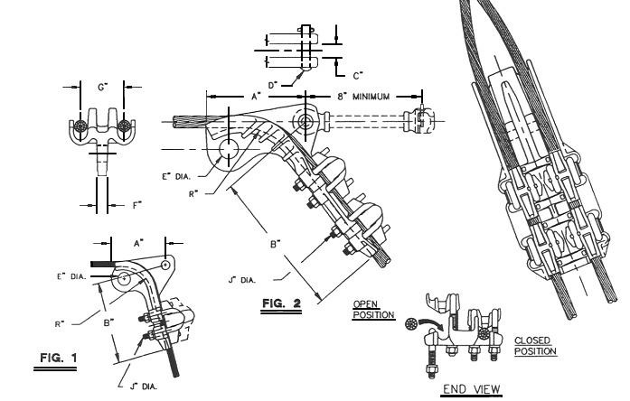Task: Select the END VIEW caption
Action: click(x=465, y=391)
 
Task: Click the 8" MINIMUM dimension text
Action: click(x=362, y=95)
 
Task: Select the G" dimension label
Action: click(x=100, y=89)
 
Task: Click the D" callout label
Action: click(x=286, y=86)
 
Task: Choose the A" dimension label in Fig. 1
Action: click(x=138, y=243)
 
